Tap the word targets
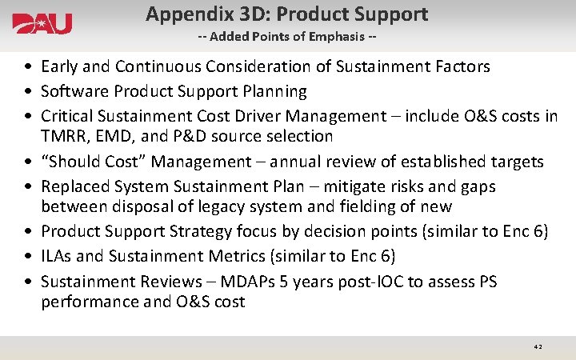click(x=514, y=162)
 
